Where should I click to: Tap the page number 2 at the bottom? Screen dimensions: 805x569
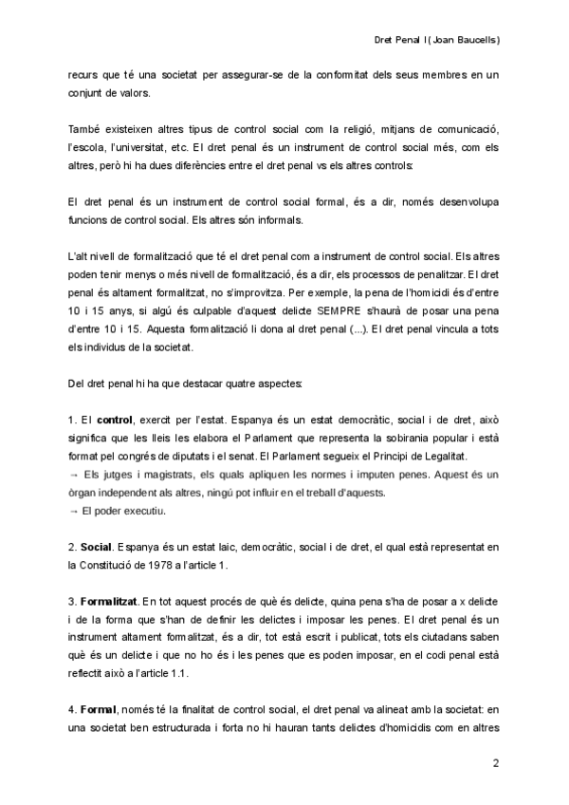pos(497,765)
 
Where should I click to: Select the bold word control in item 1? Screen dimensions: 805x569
pos(115,419)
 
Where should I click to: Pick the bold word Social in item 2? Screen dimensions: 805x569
pos(97,548)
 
